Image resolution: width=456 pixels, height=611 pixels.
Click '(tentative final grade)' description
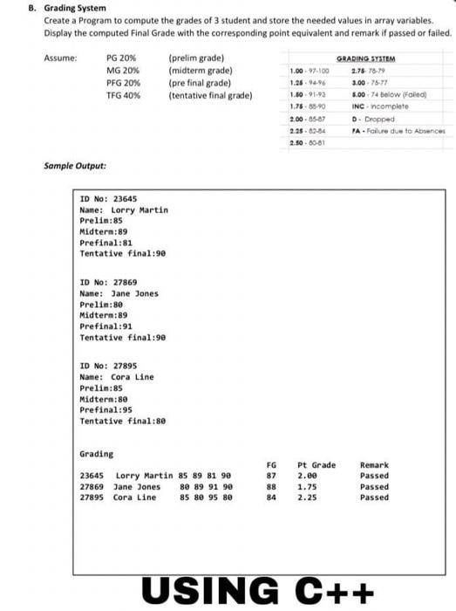click(x=210, y=94)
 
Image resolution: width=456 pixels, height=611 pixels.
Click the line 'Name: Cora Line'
click(x=116, y=376)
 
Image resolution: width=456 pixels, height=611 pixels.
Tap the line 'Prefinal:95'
click(x=105, y=409)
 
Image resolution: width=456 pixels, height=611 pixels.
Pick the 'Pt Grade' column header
click(x=316, y=465)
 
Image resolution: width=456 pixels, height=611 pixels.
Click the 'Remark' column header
click(x=374, y=465)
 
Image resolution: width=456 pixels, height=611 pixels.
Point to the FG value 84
click(x=271, y=498)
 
